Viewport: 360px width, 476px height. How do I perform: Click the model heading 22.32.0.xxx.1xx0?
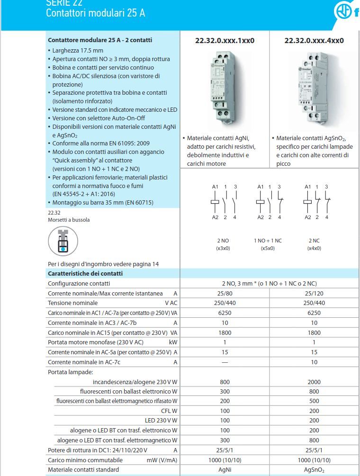[225, 41]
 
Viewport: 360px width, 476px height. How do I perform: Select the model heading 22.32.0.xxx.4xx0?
[314, 41]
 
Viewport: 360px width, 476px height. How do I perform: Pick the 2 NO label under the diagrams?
[223, 241]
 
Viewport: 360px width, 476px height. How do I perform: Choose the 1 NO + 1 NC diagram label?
[268, 241]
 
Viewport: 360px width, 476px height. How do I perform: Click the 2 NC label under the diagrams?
[314, 241]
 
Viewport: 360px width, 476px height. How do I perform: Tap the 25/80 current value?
[225, 294]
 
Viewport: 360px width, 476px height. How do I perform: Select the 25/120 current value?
[314, 294]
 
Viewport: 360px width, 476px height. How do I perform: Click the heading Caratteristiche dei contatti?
[85, 274]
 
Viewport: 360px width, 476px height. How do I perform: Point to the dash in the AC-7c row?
[225, 362]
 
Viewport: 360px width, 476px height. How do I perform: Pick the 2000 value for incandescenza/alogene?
[314, 382]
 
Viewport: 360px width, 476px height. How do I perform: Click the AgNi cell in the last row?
[225, 470]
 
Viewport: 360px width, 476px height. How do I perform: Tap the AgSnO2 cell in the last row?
[314, 470]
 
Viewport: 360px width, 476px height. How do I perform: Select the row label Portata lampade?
[71, 372]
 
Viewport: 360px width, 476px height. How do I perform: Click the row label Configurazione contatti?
[79, 284]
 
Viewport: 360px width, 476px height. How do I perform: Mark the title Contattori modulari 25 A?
[95, 13]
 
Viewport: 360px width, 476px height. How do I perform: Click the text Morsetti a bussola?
[69, 220]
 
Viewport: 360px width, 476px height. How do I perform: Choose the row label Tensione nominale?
[73, 303]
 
